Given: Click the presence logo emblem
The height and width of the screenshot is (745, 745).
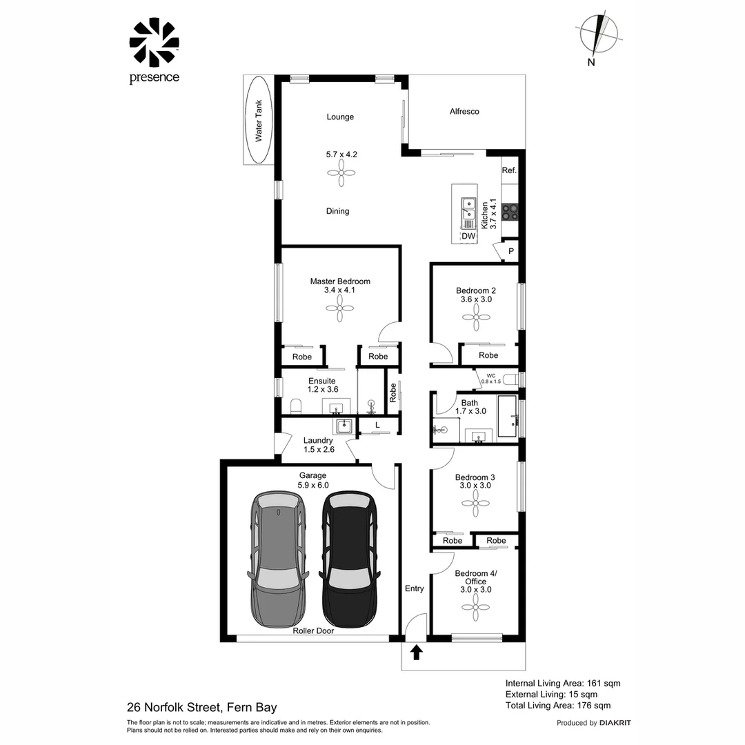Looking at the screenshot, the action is pos(154,43).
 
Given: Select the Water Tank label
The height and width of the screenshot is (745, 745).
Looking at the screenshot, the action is pos(259,121).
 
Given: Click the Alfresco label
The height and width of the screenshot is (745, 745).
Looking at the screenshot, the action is pos(464,111).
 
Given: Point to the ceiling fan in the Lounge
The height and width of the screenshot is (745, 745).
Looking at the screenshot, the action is pos(341,172).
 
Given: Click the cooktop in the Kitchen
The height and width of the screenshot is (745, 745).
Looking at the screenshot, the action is pos(510,212).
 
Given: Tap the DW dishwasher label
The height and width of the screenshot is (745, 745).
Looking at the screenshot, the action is pos(468,236).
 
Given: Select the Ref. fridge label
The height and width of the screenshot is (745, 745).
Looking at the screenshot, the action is pos(509,170).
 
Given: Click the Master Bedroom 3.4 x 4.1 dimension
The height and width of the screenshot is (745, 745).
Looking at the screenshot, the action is pos(339,290).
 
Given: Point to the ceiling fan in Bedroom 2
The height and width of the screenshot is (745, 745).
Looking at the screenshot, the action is pos(476,317).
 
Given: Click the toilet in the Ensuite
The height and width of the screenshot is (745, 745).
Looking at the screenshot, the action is pos(295,406).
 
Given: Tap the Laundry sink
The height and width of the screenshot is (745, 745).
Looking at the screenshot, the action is pos(343,426).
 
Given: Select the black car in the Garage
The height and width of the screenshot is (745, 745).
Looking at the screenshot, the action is pos(349,559).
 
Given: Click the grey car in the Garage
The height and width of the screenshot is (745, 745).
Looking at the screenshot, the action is pos(277,559).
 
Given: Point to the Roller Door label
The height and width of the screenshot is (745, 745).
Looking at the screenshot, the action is pos(313,630).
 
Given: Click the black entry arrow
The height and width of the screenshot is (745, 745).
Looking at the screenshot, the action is pos(416,652).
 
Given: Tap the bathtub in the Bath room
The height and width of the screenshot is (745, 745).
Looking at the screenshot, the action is pos(508,416).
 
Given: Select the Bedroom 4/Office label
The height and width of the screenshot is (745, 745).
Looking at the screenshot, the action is pos(475,577).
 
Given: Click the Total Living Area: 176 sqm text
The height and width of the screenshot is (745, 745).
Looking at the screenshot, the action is pos(558,706).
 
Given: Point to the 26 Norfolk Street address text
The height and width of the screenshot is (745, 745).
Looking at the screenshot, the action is pos(201,708).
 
